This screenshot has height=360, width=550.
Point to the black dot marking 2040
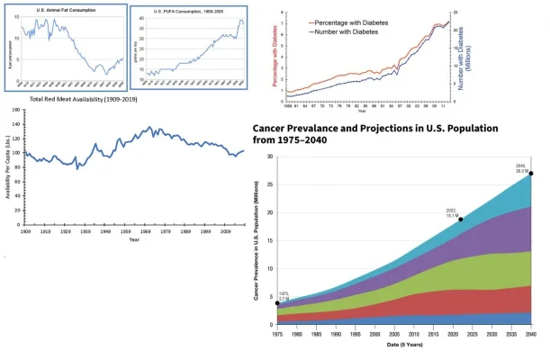(532, 174)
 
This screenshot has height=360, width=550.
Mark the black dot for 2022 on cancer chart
(461, 220)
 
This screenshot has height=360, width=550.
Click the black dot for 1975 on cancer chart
(277, 303)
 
